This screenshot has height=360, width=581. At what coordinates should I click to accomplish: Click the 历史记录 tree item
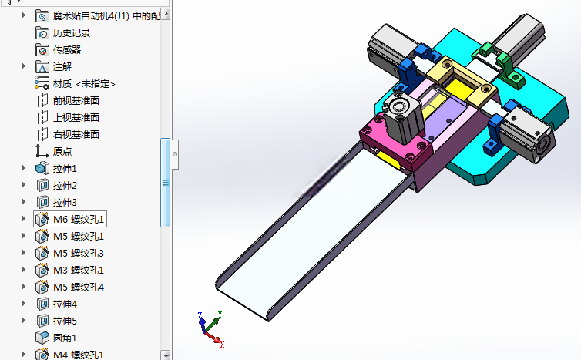[x=72, y=33]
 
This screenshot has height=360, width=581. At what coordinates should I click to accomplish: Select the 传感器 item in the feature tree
[x=67, y=50]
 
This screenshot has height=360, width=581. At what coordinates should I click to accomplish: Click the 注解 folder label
[x=62, y=67]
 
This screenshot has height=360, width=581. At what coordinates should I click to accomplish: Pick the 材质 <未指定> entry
[x=84, y=84]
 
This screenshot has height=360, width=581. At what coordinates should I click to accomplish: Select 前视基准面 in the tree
[x=76, y=101]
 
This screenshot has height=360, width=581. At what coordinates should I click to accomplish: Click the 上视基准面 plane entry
[x=76, y=118]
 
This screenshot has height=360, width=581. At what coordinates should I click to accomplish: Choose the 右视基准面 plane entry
[x=76, y=135]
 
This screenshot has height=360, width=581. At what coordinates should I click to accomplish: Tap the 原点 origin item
[x=62, y=152]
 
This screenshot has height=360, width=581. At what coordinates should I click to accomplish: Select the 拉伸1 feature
[x=65, y=169]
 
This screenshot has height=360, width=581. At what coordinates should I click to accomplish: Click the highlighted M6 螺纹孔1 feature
[x=79, y=220]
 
